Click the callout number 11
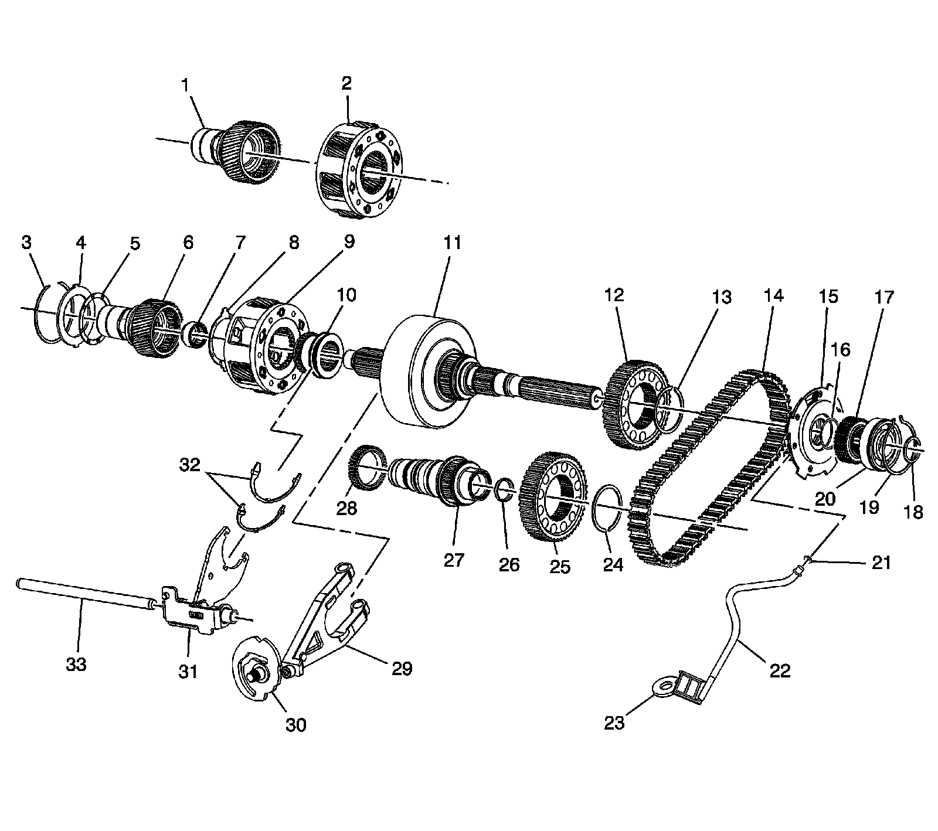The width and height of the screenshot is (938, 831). point(452,243)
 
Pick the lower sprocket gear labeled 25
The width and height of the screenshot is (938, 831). point(554,498)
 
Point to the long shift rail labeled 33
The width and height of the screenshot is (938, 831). point(82,592)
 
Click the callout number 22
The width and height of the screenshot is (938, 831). point(780,670)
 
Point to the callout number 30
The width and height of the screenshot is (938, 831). point(296,725)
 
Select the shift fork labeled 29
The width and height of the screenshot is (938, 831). point(334,615)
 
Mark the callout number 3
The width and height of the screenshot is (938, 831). point(26,243)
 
